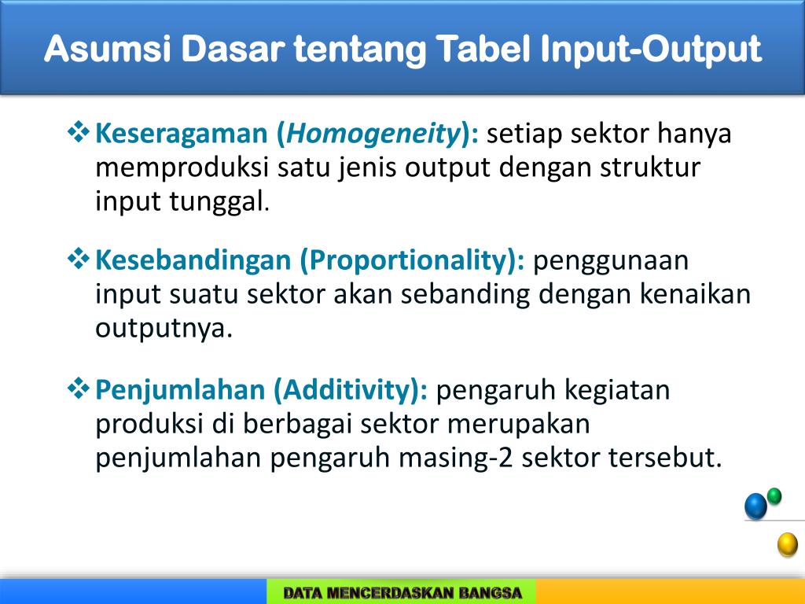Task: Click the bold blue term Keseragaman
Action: click(x=182, y=134)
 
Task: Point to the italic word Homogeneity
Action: click(x=373, y=134)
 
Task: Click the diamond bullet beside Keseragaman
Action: click(x=79, y=132)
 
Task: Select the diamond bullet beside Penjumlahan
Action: click(x=79, y=387)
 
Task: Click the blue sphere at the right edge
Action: click(x=755, y=506)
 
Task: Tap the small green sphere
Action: click(x=774, y=495)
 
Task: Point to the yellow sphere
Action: click(x=787, y=544)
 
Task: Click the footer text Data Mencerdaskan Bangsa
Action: click(x=402, y=593)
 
